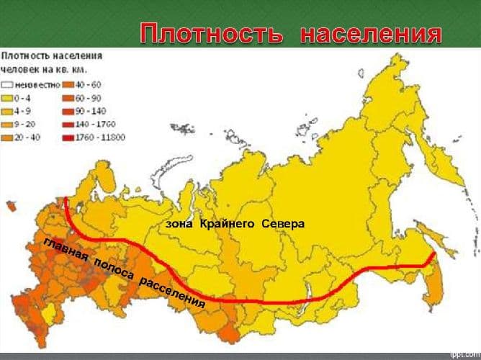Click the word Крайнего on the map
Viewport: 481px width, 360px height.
[x=225, y=224]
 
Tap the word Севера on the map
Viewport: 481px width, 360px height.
[x=283, y=224]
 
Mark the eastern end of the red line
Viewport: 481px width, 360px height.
[x=434, y=253]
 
